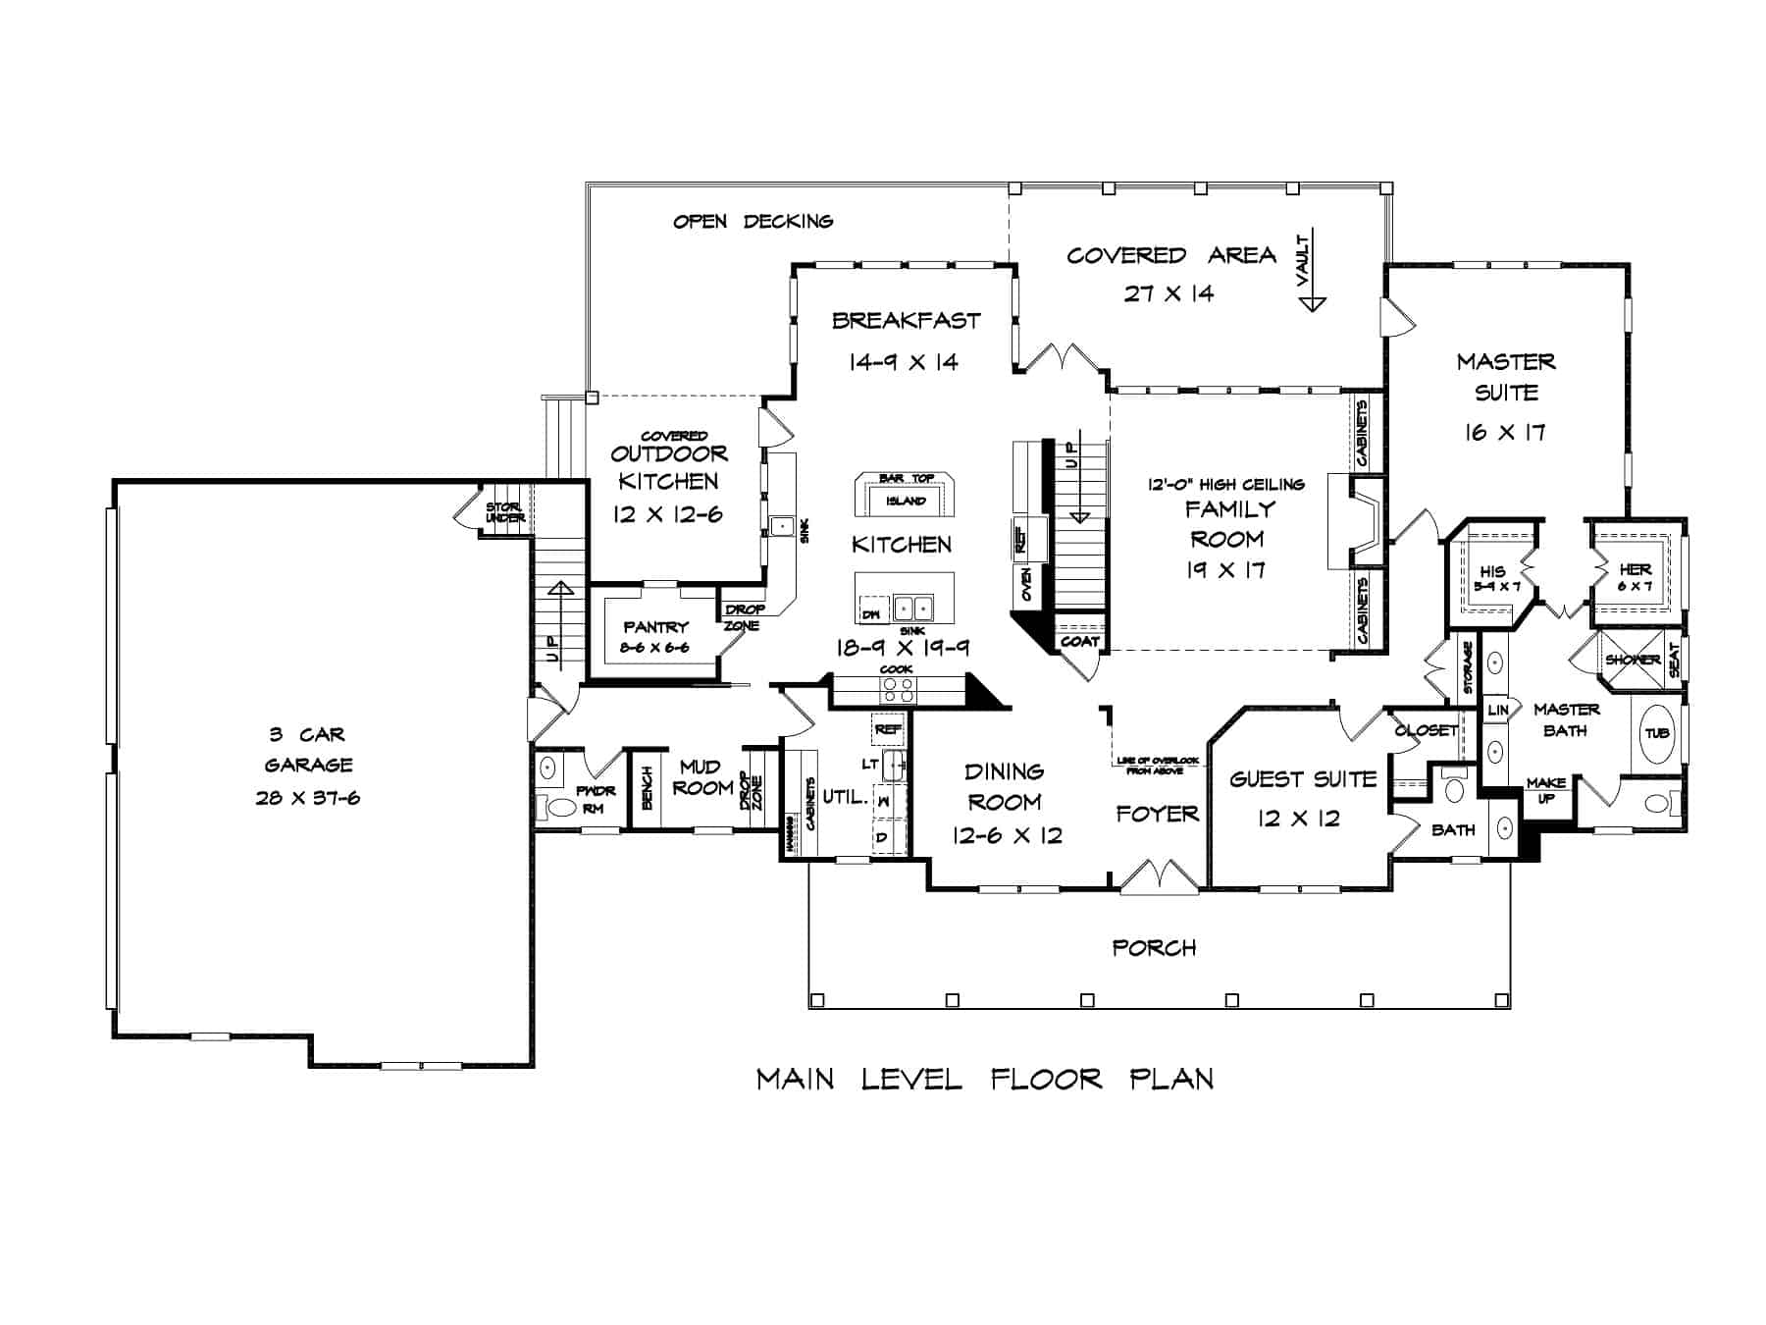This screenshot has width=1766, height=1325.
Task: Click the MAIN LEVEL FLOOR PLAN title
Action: pos(985,1080)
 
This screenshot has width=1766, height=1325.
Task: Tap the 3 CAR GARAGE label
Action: pos(308,750)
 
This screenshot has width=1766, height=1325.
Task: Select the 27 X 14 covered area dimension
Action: pos(1169,293)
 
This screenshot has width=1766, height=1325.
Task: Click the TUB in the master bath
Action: pos(1657,733)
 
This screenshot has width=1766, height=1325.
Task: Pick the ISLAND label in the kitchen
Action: pos(905,501)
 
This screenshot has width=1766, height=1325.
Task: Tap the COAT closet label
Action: pos(1079,641)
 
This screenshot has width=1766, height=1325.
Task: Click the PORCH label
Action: pos(1154,948)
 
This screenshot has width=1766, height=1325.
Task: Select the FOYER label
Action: pos(1157,814)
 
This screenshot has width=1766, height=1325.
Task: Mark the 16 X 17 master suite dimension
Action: pos(1505,432)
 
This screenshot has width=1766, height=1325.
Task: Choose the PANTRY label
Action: pos(655,626)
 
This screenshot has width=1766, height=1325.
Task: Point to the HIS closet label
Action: pos(1492,571)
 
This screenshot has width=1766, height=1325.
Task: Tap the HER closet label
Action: pos(1635,569)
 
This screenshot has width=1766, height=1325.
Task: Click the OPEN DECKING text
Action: pos(753,222)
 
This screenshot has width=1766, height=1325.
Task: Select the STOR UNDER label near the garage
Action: pos(504,511)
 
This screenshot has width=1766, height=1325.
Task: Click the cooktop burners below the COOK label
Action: pos(896,689)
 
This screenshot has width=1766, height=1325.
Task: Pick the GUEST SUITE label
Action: pos(1303,779)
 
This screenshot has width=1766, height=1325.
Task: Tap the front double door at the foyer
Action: pos(1160,876)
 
